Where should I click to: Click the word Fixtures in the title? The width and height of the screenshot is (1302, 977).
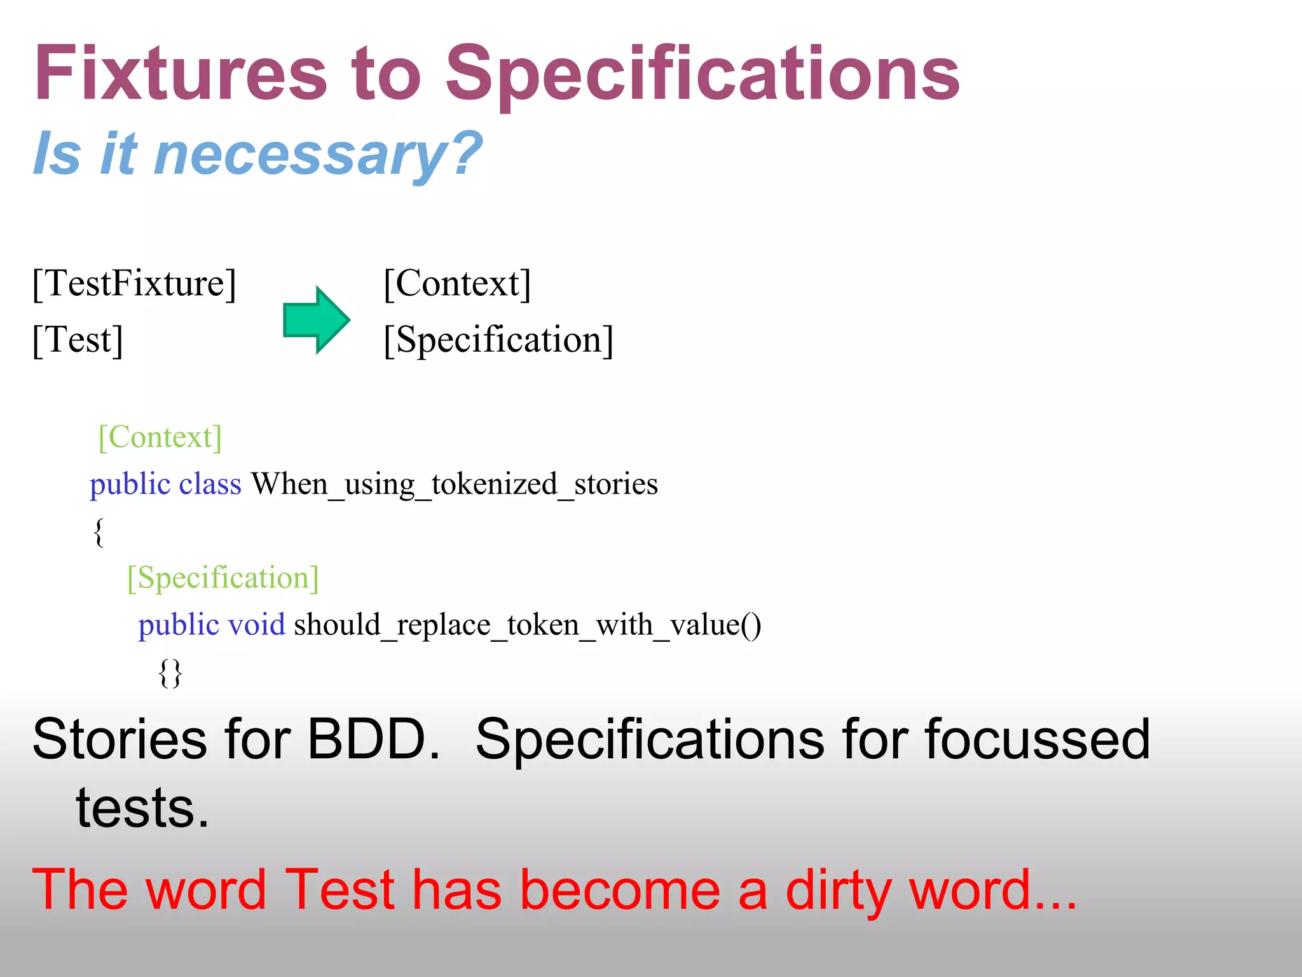(x=181, y=73)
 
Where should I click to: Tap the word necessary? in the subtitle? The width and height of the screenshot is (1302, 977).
(x=318, y=154)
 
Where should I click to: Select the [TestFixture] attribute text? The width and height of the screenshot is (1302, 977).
(x=134, y=284)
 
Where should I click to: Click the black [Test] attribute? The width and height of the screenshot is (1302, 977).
(x=78, y=340)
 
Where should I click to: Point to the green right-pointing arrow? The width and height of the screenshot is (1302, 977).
(x=317, y=320)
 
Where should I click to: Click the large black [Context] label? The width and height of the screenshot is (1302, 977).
(x=456, y=284)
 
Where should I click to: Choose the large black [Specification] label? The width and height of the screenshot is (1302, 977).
(x=498, y=340)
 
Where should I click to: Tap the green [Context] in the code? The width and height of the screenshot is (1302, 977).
(x=160, y=438)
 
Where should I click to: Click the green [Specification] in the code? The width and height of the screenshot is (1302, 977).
(x=223, y=578)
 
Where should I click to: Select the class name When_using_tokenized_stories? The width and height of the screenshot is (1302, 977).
(x=454, y=485)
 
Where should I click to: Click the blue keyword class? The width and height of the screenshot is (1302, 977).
(x=210, y=485)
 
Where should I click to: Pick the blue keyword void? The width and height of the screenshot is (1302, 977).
(x=256, y=625)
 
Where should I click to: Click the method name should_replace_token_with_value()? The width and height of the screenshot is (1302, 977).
(x=527, y=625)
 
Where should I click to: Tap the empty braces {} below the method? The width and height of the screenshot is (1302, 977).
(x=170, y=672)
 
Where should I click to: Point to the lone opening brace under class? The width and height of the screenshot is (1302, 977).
(x=99, y=532)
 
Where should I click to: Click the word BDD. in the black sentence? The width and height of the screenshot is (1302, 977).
(x=373, y=739)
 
